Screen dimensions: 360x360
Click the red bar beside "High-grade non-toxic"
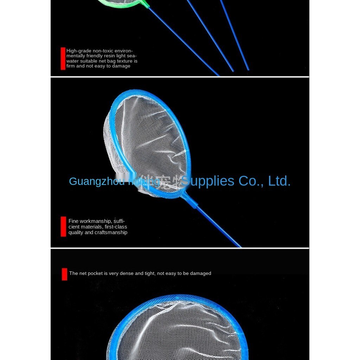click(63, 58)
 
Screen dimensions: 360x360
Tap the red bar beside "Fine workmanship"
click(63, 226)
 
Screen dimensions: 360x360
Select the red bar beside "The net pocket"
click(64, 274)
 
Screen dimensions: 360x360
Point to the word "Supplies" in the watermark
click(207, 181)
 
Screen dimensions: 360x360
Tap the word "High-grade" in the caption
click(79, 51)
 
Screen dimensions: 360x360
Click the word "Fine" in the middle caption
click(73, 221)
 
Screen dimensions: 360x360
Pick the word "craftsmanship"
click(111, 232)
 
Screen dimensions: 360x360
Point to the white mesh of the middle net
click(148, 137)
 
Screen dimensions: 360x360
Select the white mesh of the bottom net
click(176, 330)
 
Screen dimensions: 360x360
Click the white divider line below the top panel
click(180, 77)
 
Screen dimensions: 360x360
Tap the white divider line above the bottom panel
click(180, 248)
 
